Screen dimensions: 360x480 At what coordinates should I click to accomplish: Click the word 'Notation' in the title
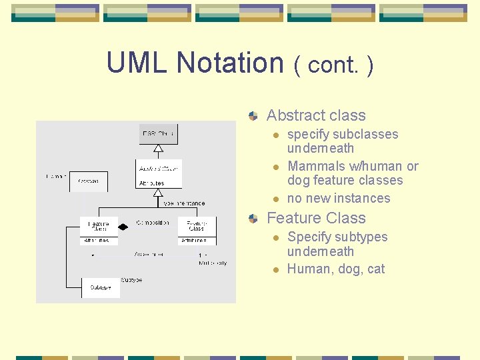230,63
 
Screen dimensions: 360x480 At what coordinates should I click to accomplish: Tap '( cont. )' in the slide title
333,65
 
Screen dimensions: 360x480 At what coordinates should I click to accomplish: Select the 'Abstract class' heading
316,115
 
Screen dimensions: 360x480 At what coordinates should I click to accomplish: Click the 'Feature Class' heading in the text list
316,218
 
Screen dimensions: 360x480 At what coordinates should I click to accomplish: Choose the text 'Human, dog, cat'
336,269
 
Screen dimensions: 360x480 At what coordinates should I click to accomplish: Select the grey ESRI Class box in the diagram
158,134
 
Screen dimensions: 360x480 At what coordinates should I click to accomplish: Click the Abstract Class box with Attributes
159,173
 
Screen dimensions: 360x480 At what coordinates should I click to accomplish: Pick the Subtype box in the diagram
100,287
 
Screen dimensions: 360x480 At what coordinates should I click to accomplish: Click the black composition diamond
123,227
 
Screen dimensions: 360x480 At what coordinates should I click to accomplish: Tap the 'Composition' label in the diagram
153,223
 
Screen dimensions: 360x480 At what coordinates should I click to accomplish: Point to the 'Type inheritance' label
184,203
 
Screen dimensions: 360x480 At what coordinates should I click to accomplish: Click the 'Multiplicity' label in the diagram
213,263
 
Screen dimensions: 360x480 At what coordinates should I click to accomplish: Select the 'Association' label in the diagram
149,254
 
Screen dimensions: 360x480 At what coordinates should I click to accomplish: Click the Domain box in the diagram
88,181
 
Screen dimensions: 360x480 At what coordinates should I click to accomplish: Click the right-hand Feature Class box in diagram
197,231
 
